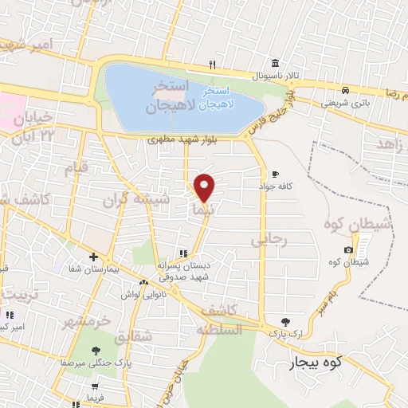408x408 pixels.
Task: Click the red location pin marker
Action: [x=205, y=187]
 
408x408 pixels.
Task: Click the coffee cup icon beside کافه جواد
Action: [x=276, y=174]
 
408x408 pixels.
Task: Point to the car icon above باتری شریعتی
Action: [x=344, y=90]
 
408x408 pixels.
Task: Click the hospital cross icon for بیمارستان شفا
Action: [x=94, y=257]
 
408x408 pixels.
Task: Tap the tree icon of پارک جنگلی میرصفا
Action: [x=96, y=350]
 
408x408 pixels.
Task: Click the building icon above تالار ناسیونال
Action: [x=274, y=63]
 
